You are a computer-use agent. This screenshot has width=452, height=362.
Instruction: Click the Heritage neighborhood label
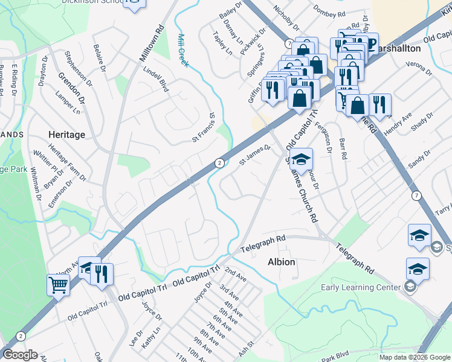point(67,135)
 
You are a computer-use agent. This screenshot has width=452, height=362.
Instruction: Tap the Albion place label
point(282,262)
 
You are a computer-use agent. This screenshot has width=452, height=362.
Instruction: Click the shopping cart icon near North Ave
point(59,284)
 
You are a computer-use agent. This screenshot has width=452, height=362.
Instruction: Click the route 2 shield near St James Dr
point(219,163)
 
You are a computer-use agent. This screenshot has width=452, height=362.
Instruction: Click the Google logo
point(21,354)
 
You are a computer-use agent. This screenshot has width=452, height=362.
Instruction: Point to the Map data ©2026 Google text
point(415,357)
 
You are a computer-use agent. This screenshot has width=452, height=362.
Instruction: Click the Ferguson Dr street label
point(327,133)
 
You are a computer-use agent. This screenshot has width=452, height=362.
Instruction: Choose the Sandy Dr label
point(418,160)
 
